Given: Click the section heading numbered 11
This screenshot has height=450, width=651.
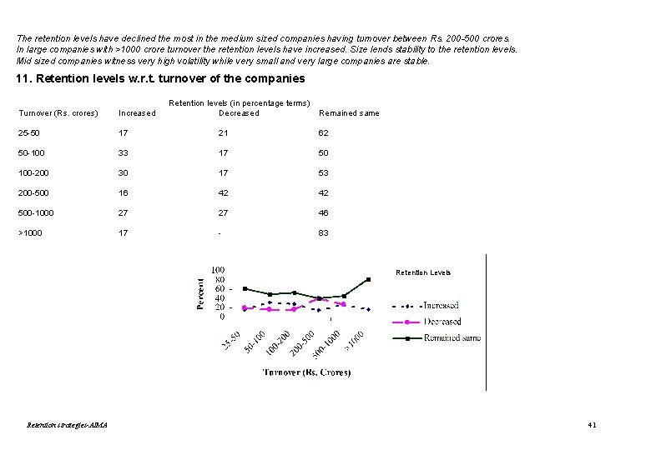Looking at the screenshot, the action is coord(160,78).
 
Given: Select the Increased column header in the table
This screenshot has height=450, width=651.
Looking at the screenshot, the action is coord(137,113).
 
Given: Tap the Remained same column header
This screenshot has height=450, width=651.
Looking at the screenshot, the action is coord(349,113).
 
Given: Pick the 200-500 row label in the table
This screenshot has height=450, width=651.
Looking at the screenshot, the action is coord(33,193).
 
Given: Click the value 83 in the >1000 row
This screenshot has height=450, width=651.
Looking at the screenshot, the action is coord(323,232).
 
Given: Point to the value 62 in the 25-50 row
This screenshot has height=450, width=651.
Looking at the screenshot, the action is coord(323,133).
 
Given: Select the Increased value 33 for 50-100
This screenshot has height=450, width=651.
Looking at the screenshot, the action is coord(123,152).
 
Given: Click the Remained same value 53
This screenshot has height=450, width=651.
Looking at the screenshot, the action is coord(323,172).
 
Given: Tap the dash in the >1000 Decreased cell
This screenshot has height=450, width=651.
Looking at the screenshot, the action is coord(220,233).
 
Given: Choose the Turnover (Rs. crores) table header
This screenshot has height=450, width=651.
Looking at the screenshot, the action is coord(58,113).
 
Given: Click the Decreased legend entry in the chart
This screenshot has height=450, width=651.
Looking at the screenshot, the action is coord(426,322).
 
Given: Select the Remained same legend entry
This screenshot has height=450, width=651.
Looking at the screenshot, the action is coord(437,337).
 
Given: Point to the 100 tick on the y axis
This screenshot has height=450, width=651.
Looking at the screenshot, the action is coord(218,270).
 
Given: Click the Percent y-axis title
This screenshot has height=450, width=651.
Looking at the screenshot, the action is coord(200,294).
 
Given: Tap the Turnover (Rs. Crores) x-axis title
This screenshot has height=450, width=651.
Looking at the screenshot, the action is coord(306,372).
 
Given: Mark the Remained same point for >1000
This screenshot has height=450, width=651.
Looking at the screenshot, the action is coord(368,280).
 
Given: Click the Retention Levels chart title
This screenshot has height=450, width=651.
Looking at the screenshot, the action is coord(423,272).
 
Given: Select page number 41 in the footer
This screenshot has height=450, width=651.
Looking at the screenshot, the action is coord(592,425).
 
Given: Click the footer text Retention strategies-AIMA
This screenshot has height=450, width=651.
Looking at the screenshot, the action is coord(67,425).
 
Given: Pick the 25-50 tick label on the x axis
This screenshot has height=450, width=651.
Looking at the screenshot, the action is coord(231,341).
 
